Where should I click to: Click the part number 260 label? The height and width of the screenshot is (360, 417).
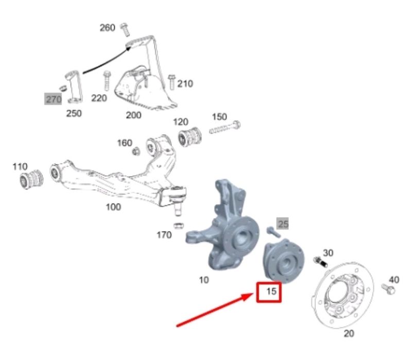pyautogui.click(x=108, y=28)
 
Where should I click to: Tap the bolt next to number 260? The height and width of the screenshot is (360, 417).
pyautogui.click(x=125, y=29)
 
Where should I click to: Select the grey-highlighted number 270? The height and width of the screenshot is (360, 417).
pyautogui.click(x=54, y=99)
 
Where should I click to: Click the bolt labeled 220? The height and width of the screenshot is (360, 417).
pyautogui.click(x=107, y=81)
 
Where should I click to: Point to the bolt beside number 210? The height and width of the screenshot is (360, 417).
pyautogui.click(x=171, y=82)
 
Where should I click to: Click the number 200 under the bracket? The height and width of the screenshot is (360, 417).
pyautogui.click(x=133, y=115)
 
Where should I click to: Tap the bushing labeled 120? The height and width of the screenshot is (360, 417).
pyautogui.click(x=189, y=137)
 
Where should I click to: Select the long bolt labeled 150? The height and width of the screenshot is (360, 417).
pyautogui.click(x=225, y=128)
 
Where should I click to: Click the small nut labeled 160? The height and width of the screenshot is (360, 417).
pyautogui.click(x=136, y=151)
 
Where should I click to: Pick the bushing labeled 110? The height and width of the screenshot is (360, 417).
pyautogui.click(x=31, y=178)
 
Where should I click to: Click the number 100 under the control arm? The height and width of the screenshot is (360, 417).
pyautogui.click(x=113, y=207)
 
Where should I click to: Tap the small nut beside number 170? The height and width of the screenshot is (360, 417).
pyautogui.click(x=179, y=226)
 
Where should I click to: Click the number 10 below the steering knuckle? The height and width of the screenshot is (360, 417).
pyautogui.click(x=204, y=280)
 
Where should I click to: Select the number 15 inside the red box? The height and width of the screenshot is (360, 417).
pyautogui.click(x=271, y=292)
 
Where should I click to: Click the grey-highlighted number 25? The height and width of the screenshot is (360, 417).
pyautogui.click(x=283, y=224)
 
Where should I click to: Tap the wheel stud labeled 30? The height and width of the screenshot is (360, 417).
pyautogui.click(x=320, y=262)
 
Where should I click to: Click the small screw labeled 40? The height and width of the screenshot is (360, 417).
pyautogui.click(x=388, y=289)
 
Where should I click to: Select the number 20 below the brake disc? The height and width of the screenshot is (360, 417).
pyautogui.click(x=349, y=333)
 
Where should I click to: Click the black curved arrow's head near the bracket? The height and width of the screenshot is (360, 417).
pyautogui.click(x=129, y=48)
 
